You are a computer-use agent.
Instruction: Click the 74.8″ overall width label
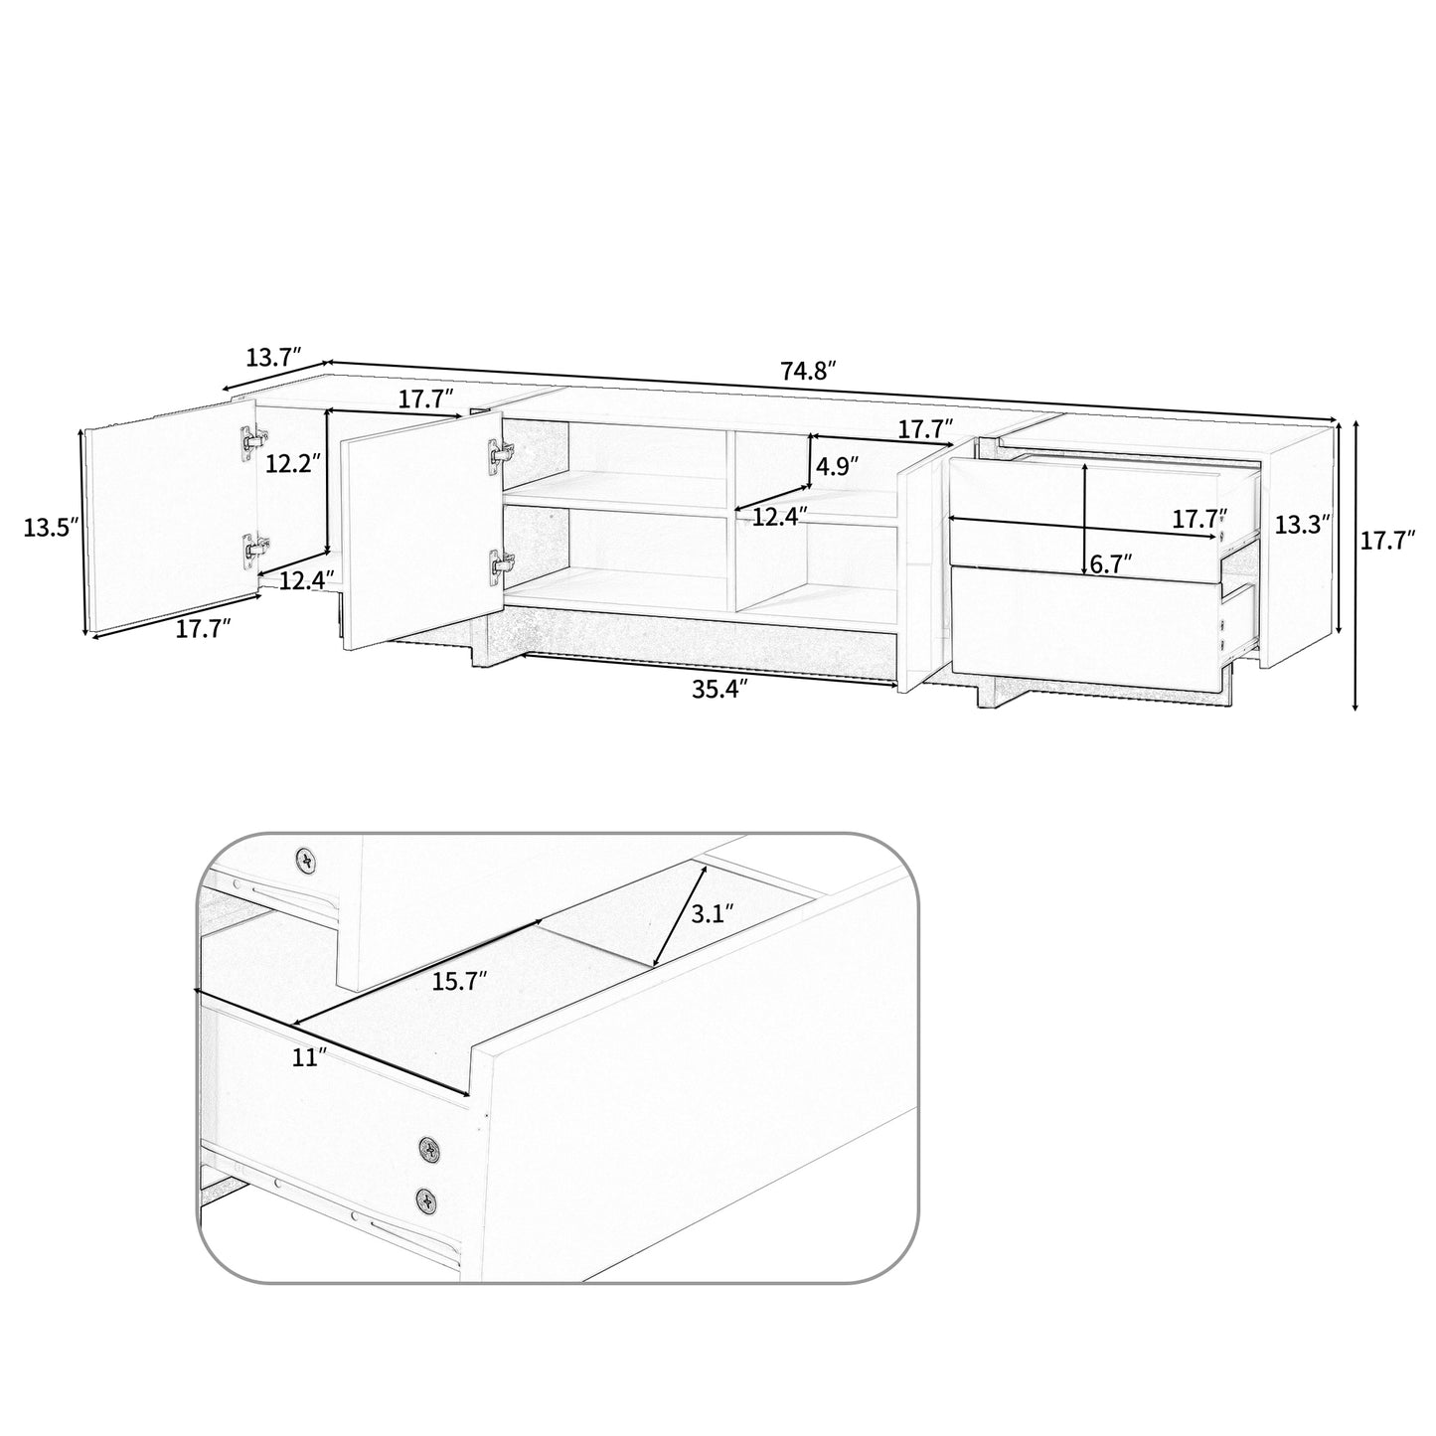coord(808,371)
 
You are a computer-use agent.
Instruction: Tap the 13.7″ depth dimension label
coord(273,358)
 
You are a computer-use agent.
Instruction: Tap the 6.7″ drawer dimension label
coord(1112,563)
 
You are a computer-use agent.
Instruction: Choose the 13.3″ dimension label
coord(1303,525)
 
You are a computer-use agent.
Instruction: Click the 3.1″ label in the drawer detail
coord(712,912)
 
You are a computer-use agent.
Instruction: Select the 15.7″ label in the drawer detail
coord(459,982)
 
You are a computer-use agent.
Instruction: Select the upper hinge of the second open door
coord(499,452)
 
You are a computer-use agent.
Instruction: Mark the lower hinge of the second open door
coord(499,562)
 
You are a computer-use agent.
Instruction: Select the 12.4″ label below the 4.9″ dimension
coord(778,516)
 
